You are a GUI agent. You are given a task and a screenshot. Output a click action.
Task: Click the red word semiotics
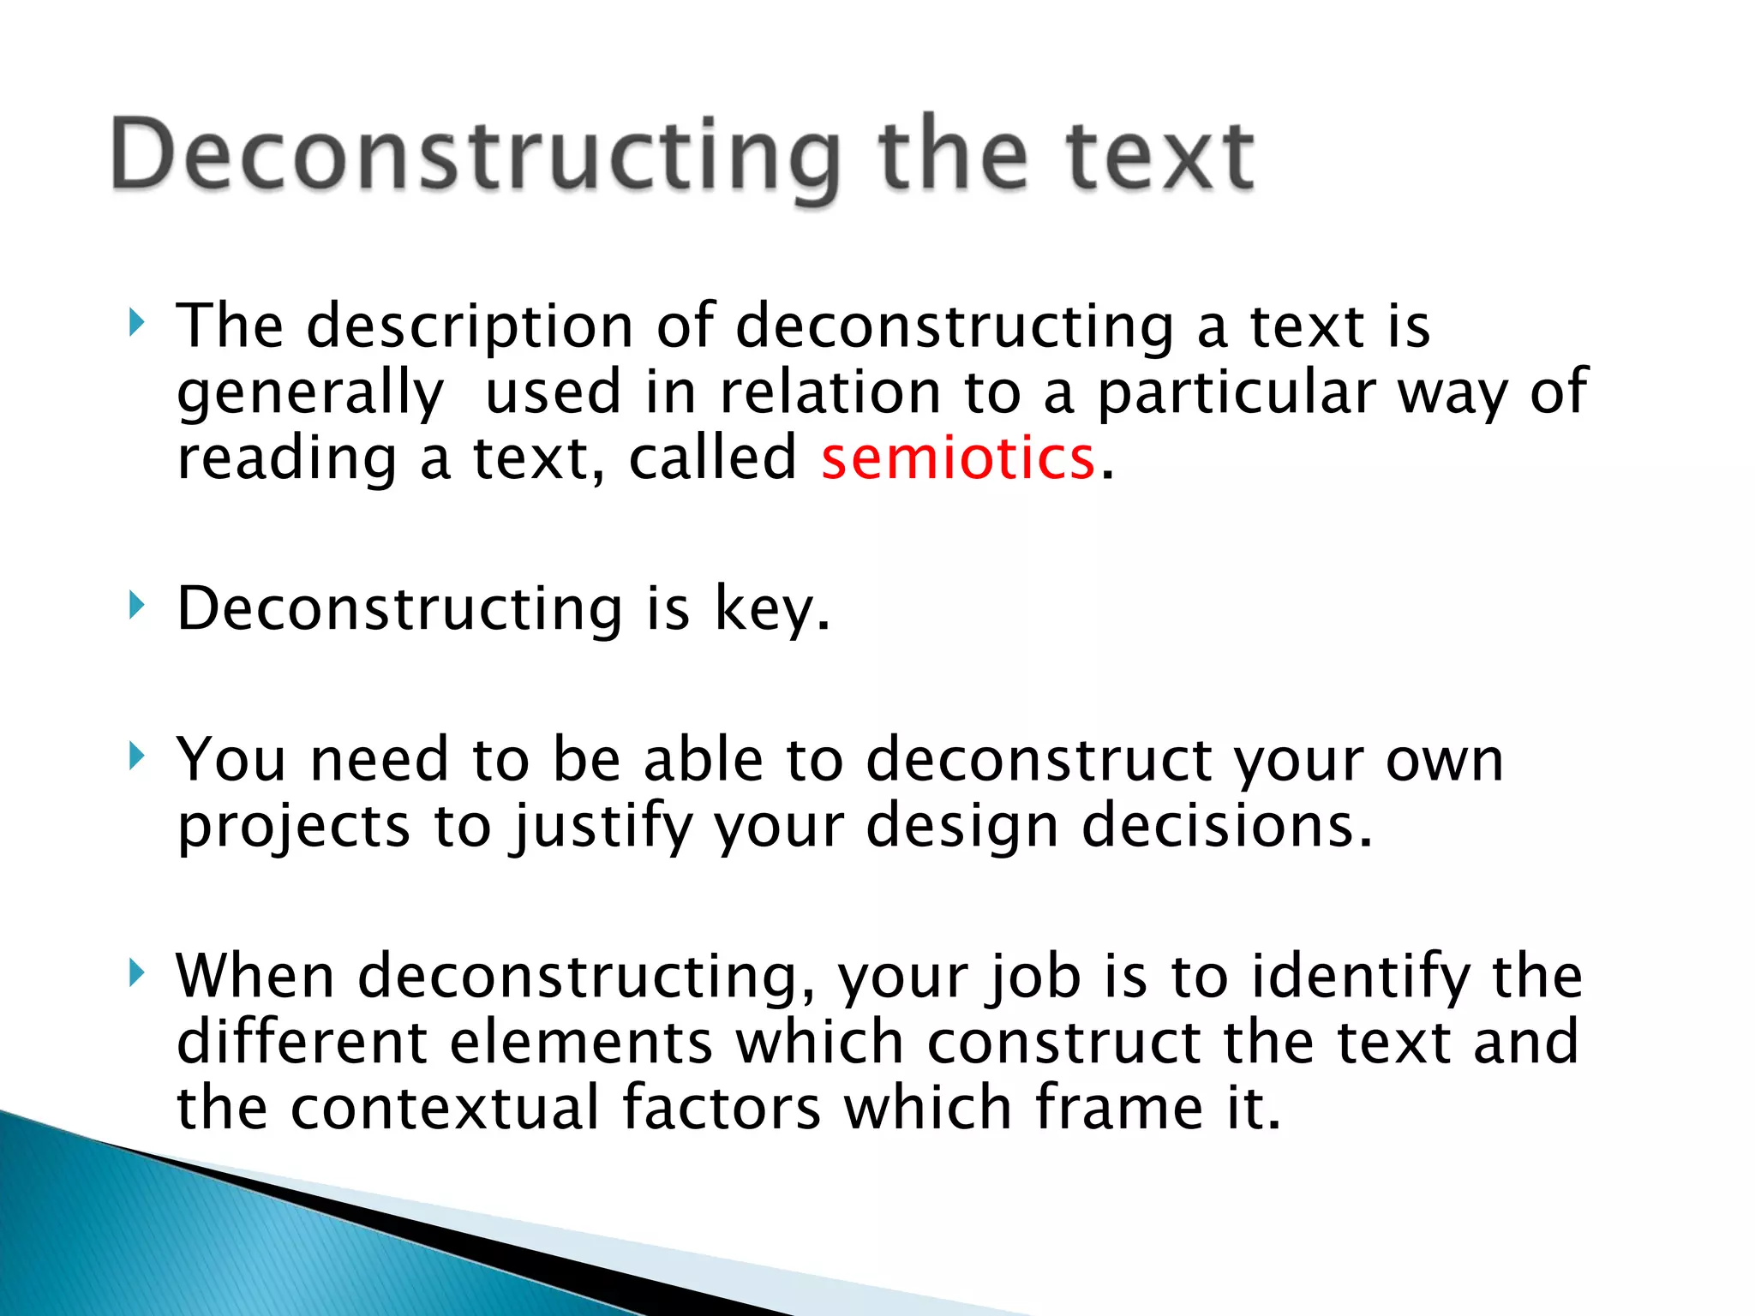[958, 458]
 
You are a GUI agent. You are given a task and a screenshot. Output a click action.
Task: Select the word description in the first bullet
[470, 328]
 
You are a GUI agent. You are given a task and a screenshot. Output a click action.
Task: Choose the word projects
[294, 828]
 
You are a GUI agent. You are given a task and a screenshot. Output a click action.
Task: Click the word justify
[602, 828]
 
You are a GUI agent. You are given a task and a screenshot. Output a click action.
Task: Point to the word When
[255, 977]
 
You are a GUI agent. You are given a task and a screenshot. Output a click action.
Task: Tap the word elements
[581, 1043]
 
